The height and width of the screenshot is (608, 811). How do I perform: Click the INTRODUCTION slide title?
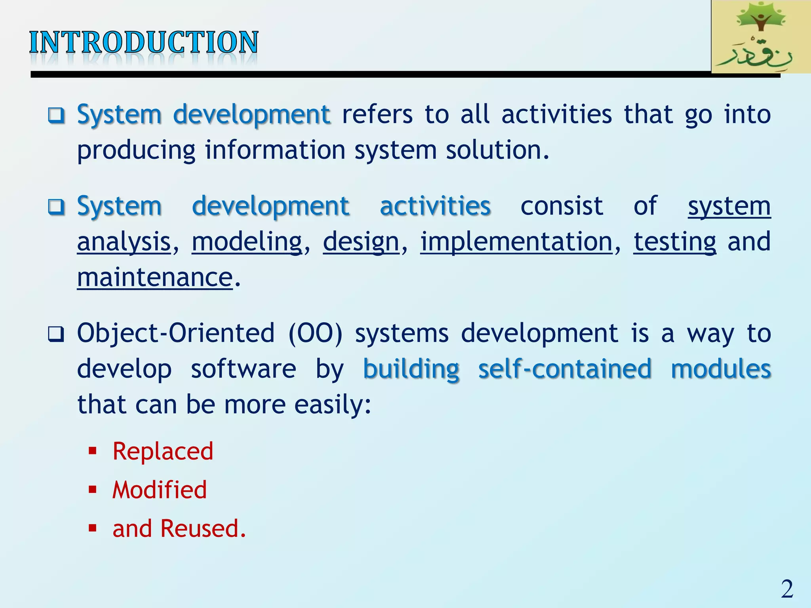tap(144, 42)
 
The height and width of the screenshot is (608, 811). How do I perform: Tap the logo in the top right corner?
tap(760, 37)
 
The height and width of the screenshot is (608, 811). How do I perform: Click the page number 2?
tap(787, 589)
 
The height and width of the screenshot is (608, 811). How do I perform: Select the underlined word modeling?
tap(247, 242)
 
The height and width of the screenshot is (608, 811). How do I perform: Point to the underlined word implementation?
tap(516, 242)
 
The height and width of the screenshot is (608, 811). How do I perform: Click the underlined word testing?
tap(675, 242)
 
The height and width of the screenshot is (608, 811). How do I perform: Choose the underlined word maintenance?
tap(155, 277)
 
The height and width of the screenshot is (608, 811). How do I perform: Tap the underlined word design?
tap(361, 242)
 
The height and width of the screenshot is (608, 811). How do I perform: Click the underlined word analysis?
tap(124, 242)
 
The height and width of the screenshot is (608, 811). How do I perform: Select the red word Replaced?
tap(163, 451)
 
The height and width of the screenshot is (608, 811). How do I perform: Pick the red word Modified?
tap(160, 490)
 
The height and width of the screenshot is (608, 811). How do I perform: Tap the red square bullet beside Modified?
tap(93, 490)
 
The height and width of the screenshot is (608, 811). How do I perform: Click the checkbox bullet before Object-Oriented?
tap(56, 334)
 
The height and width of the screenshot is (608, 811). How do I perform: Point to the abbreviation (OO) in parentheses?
tap(315, 333)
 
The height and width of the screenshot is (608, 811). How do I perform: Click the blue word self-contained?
tap(565, 369)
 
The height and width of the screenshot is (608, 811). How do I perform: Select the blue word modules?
tap(721, 369)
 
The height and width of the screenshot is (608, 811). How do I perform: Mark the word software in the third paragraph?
tap(243, 369)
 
